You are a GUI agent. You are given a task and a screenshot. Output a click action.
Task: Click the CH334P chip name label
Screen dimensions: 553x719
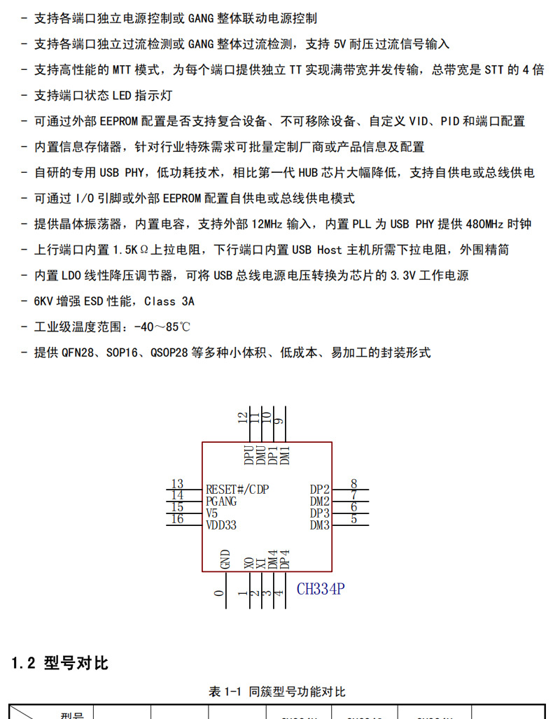[x=321, y=589]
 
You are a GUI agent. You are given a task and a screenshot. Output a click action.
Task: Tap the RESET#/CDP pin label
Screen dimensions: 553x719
[x=237, y=489]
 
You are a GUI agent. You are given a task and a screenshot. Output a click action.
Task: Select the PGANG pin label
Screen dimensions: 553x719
[x=221, y=501]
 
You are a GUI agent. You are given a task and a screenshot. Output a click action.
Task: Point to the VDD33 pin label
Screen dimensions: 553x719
[x=221, y=525]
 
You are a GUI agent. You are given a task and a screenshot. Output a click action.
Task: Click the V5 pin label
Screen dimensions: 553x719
[x=212, y=513]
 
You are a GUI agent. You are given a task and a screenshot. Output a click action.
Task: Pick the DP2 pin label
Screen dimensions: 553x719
[x=320, y=489]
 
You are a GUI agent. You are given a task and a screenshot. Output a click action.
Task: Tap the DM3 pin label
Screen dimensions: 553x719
[x=320, y=525]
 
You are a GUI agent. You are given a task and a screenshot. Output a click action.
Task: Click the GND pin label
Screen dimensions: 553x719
[x=225, y=560]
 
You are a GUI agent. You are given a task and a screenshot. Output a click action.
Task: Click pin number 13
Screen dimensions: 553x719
[x=176, y=484]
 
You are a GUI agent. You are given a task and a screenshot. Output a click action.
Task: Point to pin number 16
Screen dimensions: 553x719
[x=177, y=519]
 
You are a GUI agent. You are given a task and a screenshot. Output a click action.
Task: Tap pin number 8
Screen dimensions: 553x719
[x=354, y=483]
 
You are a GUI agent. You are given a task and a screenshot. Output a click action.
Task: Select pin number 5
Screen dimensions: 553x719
[x=354, y=519]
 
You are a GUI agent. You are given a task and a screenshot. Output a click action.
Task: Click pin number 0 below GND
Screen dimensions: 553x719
[x=219, y=593]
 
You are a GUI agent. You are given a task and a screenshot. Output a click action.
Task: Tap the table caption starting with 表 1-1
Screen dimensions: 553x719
[x=276, y=692]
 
